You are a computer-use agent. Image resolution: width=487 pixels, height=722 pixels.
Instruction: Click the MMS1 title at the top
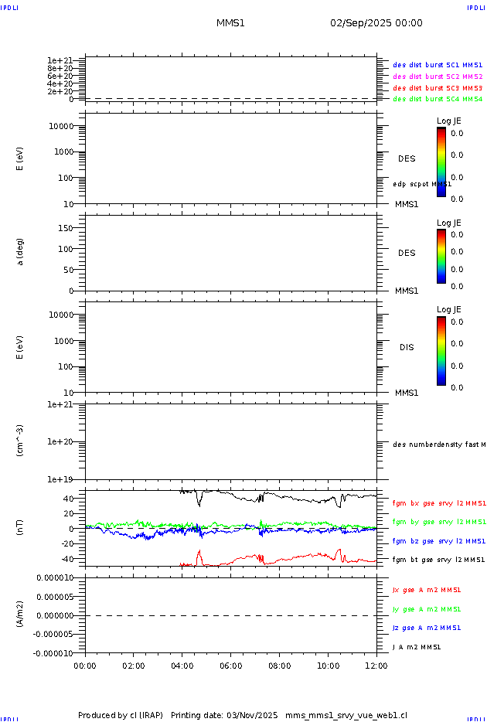tap(230, 23)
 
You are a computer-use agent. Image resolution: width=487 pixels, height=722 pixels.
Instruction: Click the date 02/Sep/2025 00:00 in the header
tap(376, 23)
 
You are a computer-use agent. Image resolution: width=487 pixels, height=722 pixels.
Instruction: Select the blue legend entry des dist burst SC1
tap(438, 66)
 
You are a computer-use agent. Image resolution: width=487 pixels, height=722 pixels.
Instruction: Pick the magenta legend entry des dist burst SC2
tap(438, 77)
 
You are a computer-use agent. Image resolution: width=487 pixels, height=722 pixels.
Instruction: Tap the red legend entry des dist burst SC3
tap(438, 88)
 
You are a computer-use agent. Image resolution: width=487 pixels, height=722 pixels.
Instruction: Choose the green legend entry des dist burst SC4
tap(438, 99)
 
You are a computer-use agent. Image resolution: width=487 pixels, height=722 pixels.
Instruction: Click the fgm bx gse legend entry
tap(438, 503)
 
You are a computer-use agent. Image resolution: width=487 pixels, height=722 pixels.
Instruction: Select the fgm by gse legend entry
tap(438, 522)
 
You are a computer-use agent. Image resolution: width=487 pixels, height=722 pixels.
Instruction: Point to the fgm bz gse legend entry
tap(438, 541)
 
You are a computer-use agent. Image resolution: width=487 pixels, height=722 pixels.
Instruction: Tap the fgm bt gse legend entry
tap(438, 560)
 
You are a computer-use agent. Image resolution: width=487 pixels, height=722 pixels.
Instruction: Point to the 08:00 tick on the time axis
tap(280, 664)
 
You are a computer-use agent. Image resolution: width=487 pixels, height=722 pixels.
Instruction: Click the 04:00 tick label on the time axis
tap(182, 664)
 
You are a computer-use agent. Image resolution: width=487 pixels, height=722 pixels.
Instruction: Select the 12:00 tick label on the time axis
tap(376, 664)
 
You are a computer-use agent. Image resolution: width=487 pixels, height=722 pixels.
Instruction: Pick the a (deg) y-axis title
tap(21, 252)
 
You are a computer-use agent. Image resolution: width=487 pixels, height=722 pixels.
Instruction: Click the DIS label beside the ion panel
tap(407, 347)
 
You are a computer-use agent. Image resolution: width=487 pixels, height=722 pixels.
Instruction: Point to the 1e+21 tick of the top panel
tap(60, 60)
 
